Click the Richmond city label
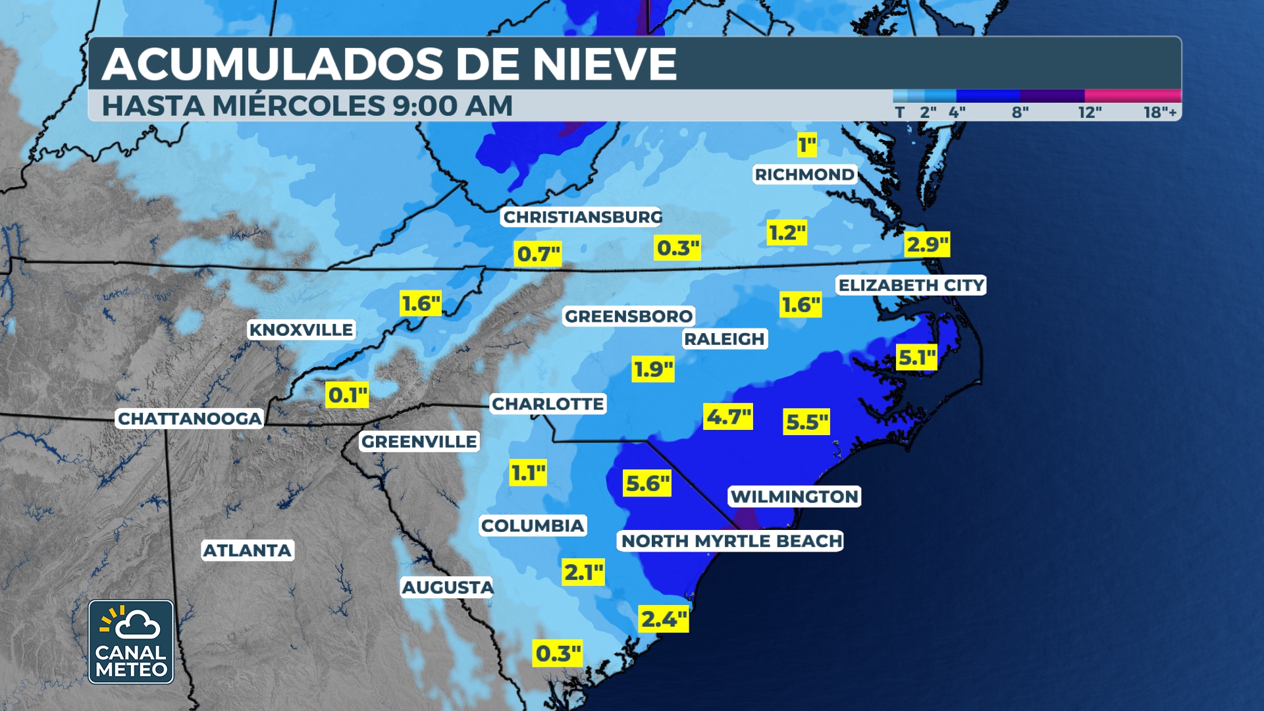(804, 174)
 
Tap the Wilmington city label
(795, 496)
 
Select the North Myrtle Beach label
(731, 541)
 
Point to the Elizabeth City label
(911, 285)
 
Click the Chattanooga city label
(190, 419)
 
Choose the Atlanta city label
(247, 550)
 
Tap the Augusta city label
(448, 587)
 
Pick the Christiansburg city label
(582, 217)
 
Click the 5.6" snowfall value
(647, 484)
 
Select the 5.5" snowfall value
(806, 422)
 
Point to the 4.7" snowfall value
(728, 417)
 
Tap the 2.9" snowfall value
(927, 245)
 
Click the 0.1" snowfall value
(348, 395)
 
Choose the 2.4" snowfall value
(664, 619)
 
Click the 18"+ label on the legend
(1159, 113)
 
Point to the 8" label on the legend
(1020, 113)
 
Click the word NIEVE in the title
(604, 65)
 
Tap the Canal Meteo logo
(131, 642)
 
